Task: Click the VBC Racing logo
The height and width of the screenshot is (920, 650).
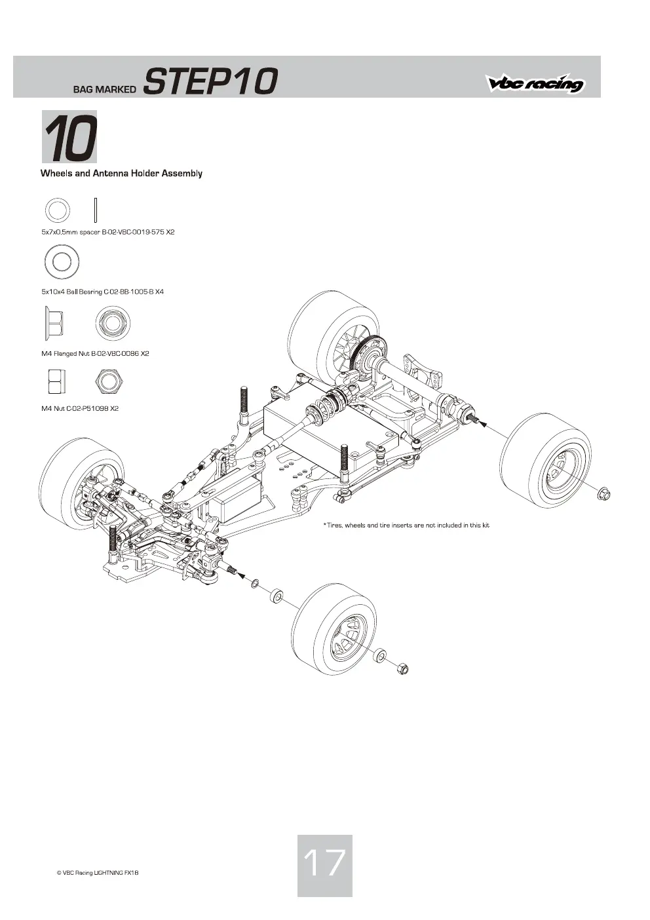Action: coord(535,83)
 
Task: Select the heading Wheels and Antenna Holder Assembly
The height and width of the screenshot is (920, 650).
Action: coord(121,174)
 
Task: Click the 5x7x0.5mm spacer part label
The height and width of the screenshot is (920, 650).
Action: coord(108,232)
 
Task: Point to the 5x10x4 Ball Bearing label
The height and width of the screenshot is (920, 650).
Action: coord(103,292)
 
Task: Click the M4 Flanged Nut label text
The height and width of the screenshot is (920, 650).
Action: coord(95,353)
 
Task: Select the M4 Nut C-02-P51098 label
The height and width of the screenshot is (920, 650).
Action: coord(80,408)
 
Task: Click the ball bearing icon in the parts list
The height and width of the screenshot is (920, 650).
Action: coord(62,262)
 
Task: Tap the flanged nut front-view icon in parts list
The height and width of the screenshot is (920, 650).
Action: coord(113,323)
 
